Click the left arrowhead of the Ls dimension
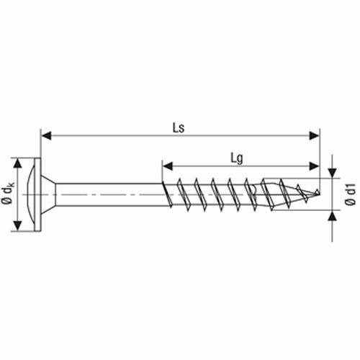coord(45,134)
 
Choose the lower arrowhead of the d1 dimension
coord(332,214)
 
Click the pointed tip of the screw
coord(319,194)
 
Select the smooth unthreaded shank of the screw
coord(108,194)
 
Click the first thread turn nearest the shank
coord(168,194)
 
